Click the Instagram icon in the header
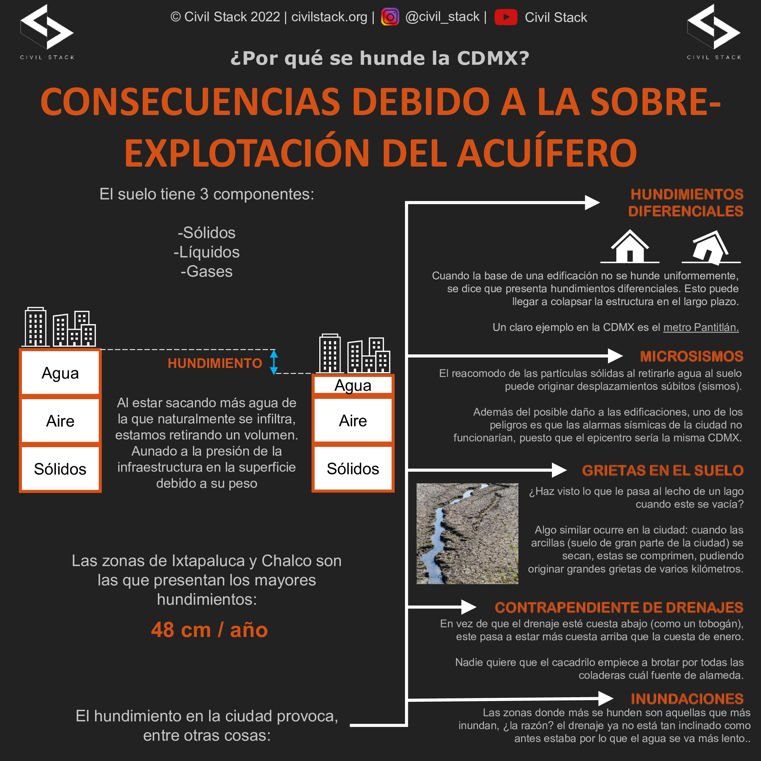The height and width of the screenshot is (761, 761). pos(390,17)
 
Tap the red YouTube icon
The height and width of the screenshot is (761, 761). pos(506,17)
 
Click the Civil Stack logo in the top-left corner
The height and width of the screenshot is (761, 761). pos(47,32)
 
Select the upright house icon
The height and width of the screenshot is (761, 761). pos(630,247)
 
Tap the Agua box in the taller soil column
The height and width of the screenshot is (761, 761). pos(60,373)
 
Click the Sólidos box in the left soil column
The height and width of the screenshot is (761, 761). pos(60,469)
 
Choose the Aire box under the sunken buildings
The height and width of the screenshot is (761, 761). pos(353,421)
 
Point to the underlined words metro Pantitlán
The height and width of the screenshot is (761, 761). pos(701,327)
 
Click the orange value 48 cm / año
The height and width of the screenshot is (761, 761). pos(209,630)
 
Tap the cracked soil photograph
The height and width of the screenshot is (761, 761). pos(467,533)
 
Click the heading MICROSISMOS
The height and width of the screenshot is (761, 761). pos(691,356)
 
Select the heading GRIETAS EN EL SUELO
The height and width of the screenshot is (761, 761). pos(662,470)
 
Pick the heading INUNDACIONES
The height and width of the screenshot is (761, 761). pos(687,699)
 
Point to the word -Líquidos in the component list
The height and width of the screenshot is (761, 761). pos(207,252)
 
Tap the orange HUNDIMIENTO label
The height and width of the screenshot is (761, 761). pos(215,363)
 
